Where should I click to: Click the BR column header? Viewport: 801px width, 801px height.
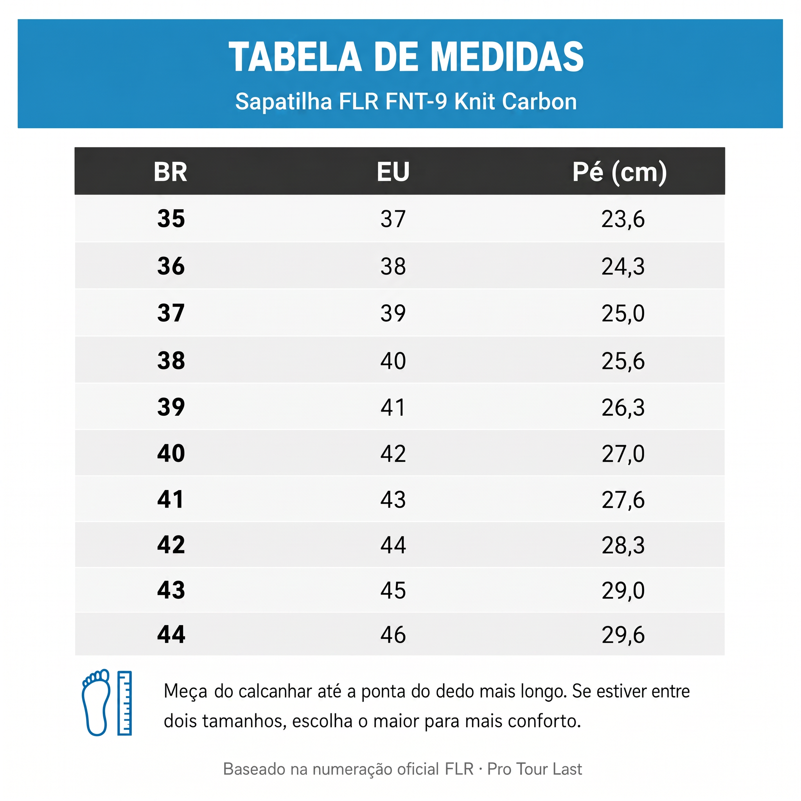pyautogui.click(x=171, y=172)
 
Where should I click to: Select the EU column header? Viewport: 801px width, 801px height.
pyautogui.click(x=393, y=172)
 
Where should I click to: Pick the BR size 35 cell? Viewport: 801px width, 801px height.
pyautogui.click(x=171, y=219)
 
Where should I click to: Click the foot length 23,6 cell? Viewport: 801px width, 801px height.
pyautogui.click(x=623, y=219)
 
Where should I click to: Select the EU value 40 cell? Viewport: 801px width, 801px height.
pyautogui.click(x=393, y=361)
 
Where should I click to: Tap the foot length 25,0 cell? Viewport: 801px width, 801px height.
pyautogui.click(x=623, y=313)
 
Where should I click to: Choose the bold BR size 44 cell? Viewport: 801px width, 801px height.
pyautogui.click(x=171, y=634)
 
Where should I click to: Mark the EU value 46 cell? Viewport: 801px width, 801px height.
pyautogui.click(x=393, y=635)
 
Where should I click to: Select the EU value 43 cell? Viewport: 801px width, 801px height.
pyautogui.click(x=393, y=499)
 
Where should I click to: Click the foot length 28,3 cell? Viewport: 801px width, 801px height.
pyautogui.click(x=623, y=545)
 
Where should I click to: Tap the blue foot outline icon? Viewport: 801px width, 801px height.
pyautogui.click(x=96, y=702)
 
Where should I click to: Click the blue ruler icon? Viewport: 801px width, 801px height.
pyautogui.click(x=124, y=703)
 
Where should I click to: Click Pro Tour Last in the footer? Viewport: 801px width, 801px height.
pyautogui.click(x=534, y=769)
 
